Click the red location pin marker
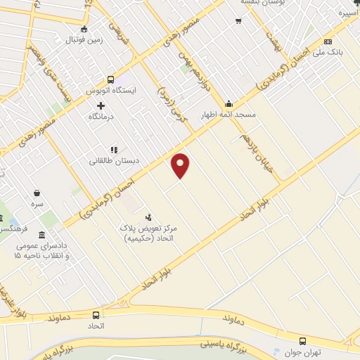click(181, 165)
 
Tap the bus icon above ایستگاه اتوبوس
click(111, 80)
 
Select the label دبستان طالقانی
click(113, 160)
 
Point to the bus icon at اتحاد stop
click(96, 314)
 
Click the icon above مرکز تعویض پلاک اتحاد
click(148, 217)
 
